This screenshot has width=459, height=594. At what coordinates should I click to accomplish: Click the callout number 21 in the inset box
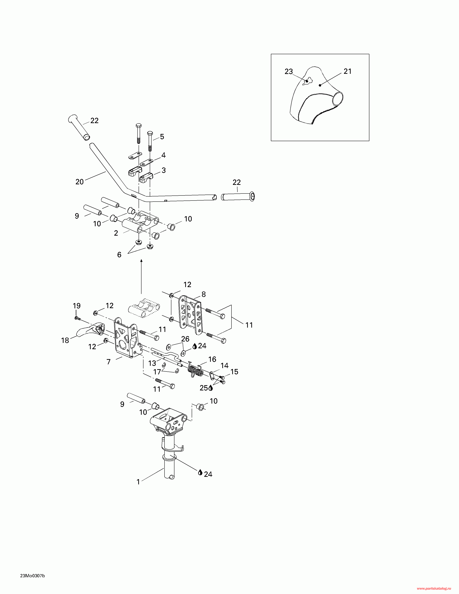(x=348, y=71)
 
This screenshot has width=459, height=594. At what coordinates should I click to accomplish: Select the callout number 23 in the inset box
(x=289, y=71)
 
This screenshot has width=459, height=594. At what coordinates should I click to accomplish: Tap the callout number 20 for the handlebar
(x=79, y=182)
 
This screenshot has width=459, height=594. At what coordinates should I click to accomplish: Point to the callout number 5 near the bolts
(x=162, y=137)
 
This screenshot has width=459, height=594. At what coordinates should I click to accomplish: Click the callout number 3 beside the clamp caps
(x=164, y=170)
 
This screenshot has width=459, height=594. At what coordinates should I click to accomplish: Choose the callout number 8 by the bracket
(x=204, y=294)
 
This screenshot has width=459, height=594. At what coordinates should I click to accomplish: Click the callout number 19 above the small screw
(x=77, y=306)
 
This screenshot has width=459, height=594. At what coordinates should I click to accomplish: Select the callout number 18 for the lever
(x=65, y=340)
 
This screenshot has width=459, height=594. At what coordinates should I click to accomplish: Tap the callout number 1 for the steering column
(x=138, y=482)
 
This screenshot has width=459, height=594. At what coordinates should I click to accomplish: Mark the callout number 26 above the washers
(x=185, y=339)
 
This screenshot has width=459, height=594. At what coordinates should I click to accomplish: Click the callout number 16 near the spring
(x=212, y=359)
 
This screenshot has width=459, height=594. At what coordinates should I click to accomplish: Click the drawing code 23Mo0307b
(x=32, y=576)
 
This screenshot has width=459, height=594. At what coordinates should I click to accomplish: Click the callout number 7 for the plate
(x=109, y=362)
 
